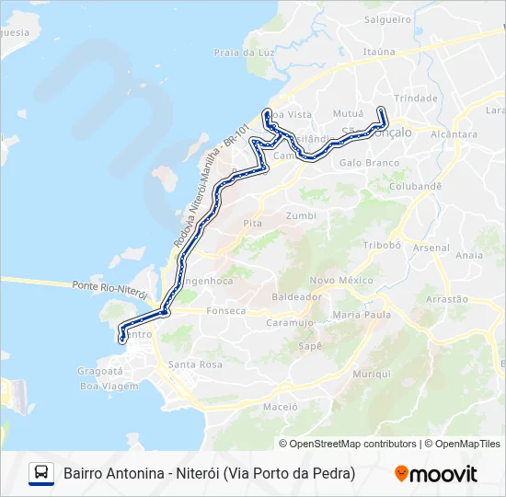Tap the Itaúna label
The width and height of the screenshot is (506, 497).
(378, 52)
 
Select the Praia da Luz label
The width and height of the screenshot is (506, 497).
(245, 52)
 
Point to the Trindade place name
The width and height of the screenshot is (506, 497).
(415, 98)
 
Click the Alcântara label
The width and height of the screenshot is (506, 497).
(454, 133)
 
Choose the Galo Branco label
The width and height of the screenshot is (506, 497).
(369, 163)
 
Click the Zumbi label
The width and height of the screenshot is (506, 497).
(301, 215)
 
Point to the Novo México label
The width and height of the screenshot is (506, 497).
(341, 280)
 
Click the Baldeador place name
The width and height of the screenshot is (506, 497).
(297, 297)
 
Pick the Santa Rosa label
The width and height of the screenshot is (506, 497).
(195, 364)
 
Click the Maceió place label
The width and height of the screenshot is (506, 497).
(280, 406)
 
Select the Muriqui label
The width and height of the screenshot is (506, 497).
(372, 374)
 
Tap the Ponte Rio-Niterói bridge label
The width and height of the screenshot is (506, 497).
(109, 287)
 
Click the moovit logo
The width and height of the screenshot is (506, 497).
(436, 474)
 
